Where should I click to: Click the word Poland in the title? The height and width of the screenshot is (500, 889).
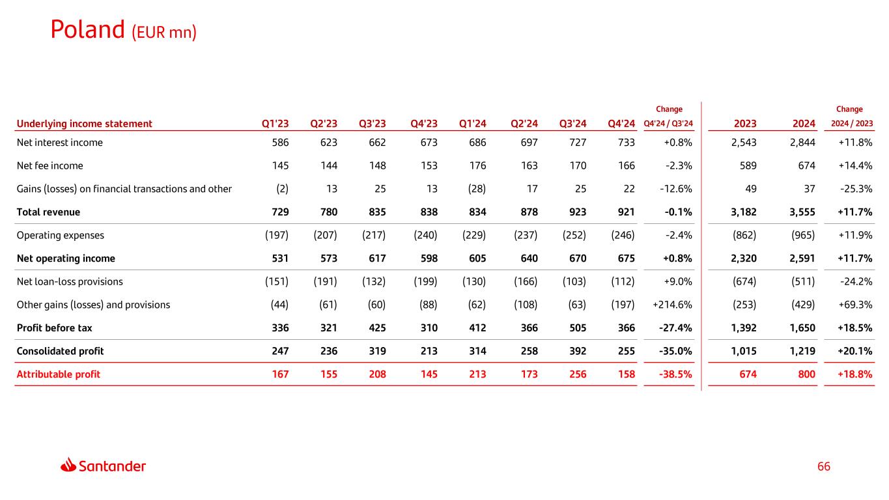(88, 30)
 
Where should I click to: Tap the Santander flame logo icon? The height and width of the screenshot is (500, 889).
(68, 465)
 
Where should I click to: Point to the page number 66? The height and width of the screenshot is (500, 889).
(823, 466)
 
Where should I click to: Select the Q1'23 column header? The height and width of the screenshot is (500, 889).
(275, 124)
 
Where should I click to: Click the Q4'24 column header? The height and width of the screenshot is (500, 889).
(621, 124)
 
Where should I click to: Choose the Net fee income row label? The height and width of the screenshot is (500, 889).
(49, 165)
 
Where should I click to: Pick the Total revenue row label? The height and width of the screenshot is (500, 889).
(48, 212)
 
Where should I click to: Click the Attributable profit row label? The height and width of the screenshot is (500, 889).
(59, 374)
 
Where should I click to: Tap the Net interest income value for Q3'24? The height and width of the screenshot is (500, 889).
(578, 143)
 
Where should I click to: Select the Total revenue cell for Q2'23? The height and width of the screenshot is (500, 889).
(329, 212)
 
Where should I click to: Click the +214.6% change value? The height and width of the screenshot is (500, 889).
(672, 305)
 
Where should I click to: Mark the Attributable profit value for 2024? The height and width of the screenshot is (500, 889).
(806, 374)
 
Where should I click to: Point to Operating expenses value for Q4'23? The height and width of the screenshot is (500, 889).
(425, 235)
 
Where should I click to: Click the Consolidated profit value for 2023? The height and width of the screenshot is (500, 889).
(743, 351)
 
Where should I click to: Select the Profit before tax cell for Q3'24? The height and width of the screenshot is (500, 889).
(578, 327)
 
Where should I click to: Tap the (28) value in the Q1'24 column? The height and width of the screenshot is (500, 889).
(477, 189)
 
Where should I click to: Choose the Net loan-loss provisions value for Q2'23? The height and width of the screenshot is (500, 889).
(326, 282)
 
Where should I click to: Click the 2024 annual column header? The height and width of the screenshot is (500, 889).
(804, 124)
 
